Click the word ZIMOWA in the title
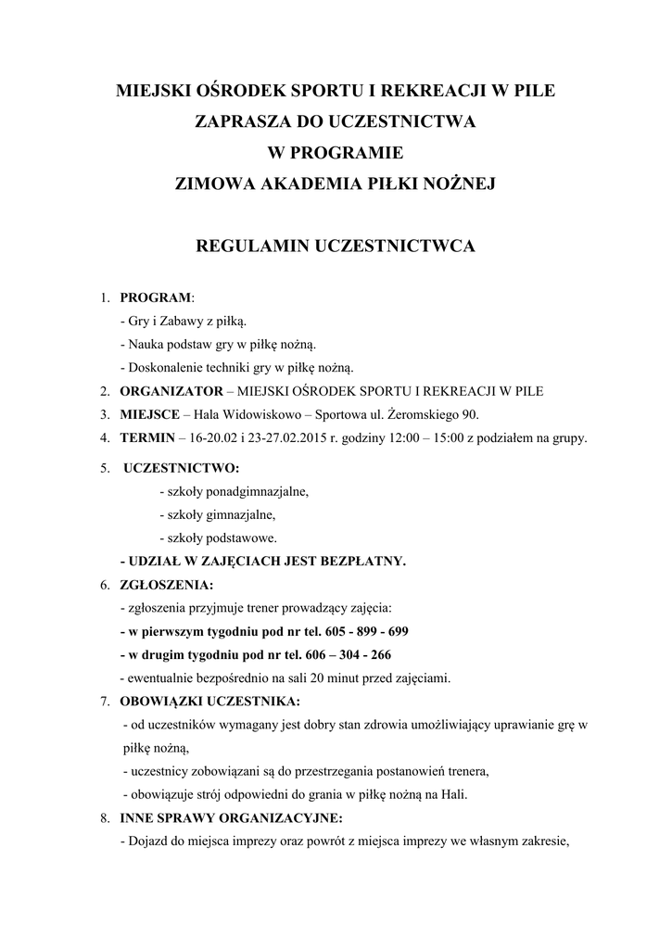209,183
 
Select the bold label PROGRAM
155,297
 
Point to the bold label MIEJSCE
150,413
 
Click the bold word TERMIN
148,437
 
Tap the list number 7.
105,701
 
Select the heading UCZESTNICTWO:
182,468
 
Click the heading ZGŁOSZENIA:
166,585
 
